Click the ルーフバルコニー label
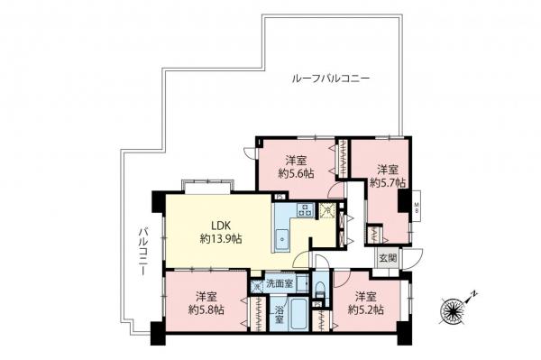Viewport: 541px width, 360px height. (x=331, y=79)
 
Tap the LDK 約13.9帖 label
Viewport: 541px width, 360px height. (x=219, y=233)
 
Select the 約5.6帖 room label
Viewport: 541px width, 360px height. (x=296, y=166)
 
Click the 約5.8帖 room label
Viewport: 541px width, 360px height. (x=206, y=303)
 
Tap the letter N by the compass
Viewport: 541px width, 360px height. (x=475, y=295)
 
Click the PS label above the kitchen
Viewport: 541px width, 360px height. (x=280, y=198)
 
